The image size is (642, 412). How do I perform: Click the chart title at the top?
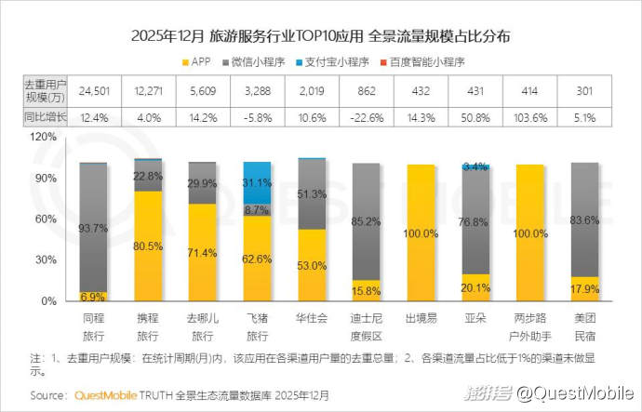click(321, 37)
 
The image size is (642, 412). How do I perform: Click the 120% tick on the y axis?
click(44, 135)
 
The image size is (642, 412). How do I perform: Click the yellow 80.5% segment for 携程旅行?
click(147, 246)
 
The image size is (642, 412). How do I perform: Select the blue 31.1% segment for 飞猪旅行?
click(256, 181)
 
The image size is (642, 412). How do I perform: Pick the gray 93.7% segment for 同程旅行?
click(93, 228)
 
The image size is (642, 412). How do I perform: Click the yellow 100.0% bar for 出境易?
click(421, 233)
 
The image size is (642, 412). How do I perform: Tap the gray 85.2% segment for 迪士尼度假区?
click(367, 221)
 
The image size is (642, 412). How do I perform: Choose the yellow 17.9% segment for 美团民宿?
click(584, 289)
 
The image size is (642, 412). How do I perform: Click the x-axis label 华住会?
click(312, 318)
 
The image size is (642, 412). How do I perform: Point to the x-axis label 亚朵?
click(475, 318)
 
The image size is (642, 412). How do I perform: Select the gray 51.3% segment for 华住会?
click(312, 193)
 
